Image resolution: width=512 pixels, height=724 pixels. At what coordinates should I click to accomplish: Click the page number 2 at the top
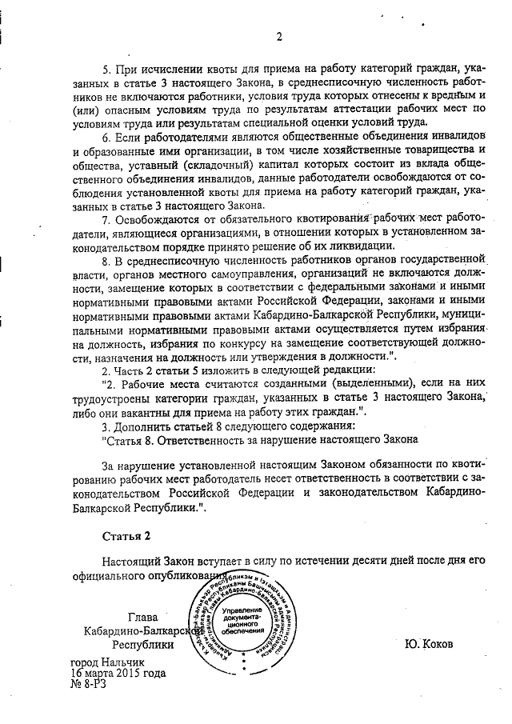tap(279, 36)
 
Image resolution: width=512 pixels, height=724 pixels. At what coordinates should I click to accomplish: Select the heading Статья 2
tap(126, 534)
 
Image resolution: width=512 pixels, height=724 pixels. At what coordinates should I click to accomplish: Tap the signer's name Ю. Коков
tap(430, 643)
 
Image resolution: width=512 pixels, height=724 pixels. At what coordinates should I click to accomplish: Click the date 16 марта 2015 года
tap(118, 673)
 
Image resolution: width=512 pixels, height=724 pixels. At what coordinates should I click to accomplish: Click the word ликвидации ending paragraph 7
tap(361, 246)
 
